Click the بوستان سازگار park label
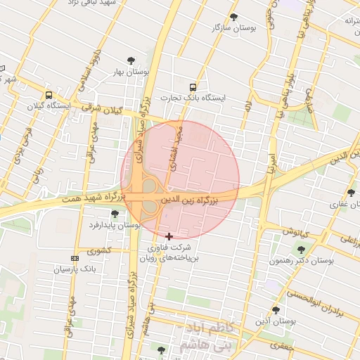(x=233, y=27)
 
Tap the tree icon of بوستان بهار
(x=129, y=61)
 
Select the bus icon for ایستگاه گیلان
(x=49, y=95)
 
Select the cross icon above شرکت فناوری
(x=169, y=236)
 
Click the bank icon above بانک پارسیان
(x=75, y=259)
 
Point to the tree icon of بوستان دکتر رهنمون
(x=302, y=250)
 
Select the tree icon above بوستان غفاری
(x=351, y=193)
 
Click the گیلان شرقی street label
(x=101, y=110)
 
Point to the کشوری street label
(x=99, y=250)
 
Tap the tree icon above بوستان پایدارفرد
(x=115, y=214)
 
